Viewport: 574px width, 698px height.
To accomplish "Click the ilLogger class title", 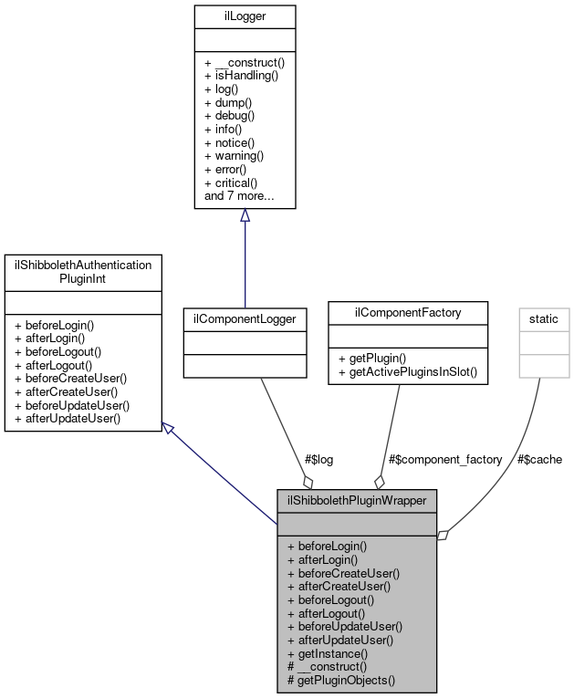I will click(x=245, y=15).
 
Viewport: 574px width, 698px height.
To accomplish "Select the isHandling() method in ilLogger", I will click(x=241, y=76).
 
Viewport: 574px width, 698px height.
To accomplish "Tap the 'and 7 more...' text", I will click(x=239, y=196).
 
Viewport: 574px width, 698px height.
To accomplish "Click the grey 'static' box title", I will click(x=545, y=318).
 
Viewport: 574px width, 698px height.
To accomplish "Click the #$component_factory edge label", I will click(x=444, y=459).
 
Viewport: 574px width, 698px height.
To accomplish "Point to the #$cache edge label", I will click(x=539, y=459).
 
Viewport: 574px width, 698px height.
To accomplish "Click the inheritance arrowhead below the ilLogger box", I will click(x=245, y=216).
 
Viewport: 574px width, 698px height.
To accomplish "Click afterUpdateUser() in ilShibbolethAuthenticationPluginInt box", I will click(x=69, y=418).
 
